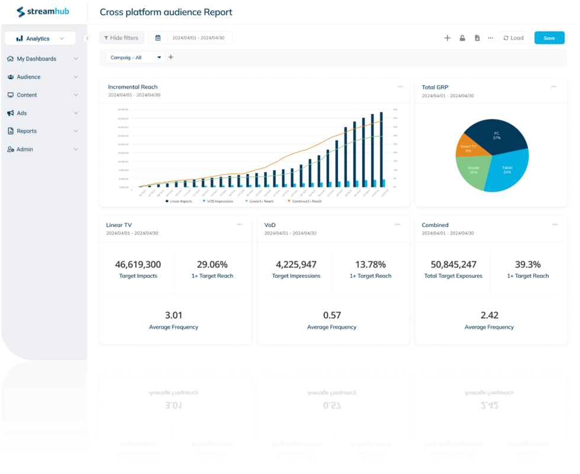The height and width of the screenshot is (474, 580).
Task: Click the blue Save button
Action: (549, 38)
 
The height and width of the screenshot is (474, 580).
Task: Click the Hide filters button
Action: (121, 38)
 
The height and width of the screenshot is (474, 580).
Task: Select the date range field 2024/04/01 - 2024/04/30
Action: (199, 38)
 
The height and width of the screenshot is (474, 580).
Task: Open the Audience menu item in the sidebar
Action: (28, 77)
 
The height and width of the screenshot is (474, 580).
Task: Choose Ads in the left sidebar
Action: (21, 113)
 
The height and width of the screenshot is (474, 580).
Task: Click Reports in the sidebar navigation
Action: (27, 131)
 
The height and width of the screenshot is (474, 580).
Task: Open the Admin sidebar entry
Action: (24, 150)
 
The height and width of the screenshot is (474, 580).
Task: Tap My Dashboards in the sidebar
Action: (36, 59)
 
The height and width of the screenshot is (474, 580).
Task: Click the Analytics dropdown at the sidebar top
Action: (40, 38)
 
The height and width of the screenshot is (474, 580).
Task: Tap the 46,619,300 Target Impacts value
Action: (138, 265)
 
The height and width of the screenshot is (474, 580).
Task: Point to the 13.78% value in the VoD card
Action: (370, 265)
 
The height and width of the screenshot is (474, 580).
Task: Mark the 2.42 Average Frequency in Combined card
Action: (489, 316)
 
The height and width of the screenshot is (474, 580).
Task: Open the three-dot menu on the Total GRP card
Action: (554, 87)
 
